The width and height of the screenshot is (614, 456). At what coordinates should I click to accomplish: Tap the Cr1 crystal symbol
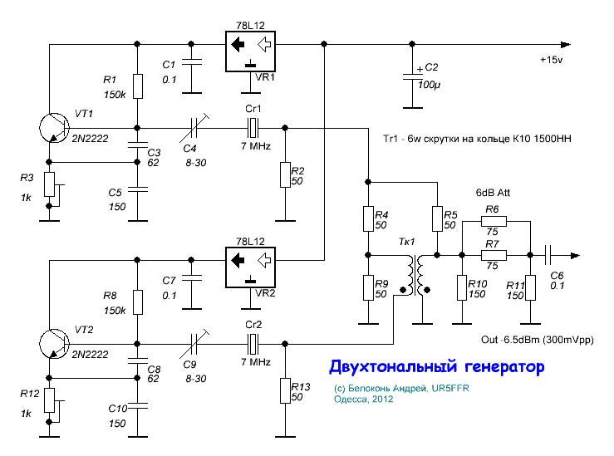click(x=253, y=128)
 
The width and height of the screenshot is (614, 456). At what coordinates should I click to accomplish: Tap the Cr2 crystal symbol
click(x=253, y=342)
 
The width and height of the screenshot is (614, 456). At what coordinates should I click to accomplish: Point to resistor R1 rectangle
click(x=137, y=86)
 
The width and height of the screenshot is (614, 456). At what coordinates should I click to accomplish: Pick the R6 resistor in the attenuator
click(x=492, y=223)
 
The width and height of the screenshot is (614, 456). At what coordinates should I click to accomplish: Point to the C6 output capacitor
click(x=548, y=256)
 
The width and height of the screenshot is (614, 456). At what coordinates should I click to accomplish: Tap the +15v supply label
click(x=552, y=61)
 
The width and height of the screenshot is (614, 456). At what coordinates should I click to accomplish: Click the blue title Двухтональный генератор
click(x=436, y=366)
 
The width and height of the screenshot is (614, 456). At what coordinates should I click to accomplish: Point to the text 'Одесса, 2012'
click(x=364, y=399)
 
